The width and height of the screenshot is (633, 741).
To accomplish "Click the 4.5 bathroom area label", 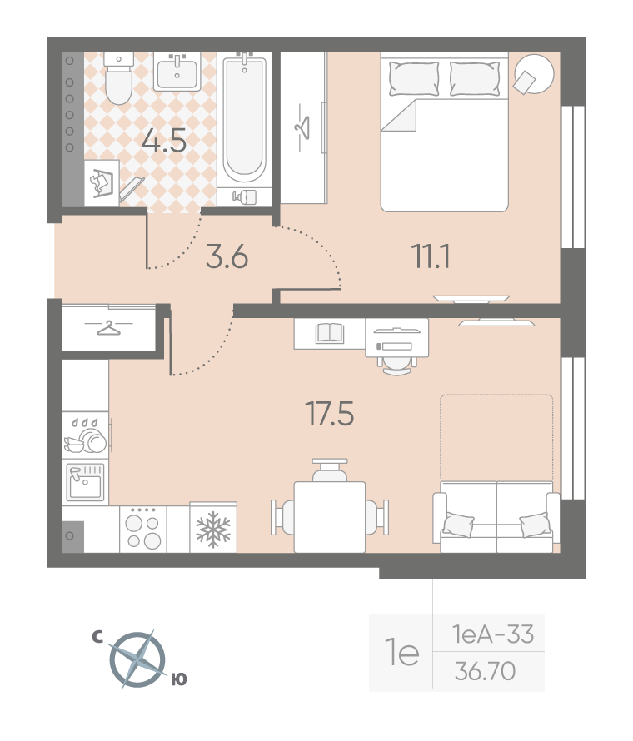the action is [164, 141].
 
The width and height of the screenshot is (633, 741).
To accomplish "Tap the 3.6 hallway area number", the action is [227, 257].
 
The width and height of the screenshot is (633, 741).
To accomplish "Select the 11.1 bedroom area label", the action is [431, 256].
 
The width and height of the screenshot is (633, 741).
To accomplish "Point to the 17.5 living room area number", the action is [330, 414].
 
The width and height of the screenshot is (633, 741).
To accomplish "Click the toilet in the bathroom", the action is [118, 78].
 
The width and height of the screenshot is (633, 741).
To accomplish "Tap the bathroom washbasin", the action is [177, 72].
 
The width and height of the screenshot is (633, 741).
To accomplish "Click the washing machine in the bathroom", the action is [102, 183].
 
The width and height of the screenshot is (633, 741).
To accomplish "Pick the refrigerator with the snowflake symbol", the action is [213, 527].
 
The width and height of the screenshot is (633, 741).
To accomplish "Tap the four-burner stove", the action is [143, 530].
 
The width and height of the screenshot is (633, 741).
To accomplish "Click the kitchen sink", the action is [86, 482].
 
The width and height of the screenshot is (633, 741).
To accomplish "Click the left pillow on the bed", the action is [414, 78].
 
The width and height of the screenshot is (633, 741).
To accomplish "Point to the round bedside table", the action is [534, 74].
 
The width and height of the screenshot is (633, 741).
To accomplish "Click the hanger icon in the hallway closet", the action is [109, 327].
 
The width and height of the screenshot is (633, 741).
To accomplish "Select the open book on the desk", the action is [330, 333].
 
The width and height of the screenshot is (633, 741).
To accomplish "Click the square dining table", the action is [330, 517].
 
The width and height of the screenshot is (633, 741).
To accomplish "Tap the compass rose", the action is [138, 659].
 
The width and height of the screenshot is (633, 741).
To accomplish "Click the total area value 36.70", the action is [485, 671].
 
